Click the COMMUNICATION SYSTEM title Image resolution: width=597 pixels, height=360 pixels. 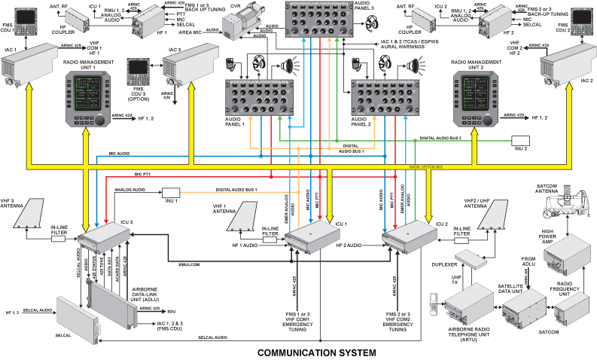coord(316,352)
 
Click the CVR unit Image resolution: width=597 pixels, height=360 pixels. coord(248,23)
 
